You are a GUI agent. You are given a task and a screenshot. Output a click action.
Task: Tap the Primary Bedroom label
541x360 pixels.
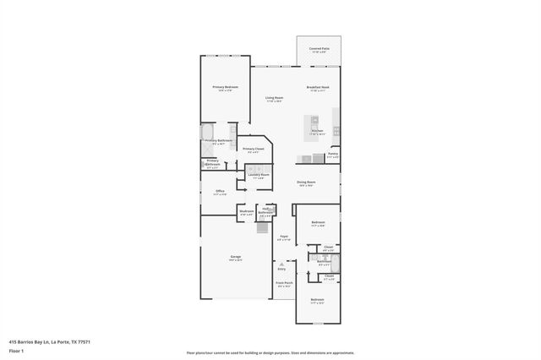[225, 87]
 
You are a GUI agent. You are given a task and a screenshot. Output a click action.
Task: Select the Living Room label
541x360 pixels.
[273, 98]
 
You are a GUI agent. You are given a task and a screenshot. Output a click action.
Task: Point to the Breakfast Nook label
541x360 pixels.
[318, 87]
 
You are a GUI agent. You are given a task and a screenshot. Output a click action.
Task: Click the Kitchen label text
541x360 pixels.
[317, 131]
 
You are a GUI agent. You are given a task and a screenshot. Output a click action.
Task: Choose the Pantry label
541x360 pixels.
[333, 154]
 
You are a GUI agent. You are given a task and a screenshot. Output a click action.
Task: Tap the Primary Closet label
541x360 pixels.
[254, 149]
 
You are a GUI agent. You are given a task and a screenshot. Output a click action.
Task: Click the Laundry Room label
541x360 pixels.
[258, 175]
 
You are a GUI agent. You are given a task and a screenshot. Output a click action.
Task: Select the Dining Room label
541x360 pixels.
[306, 182]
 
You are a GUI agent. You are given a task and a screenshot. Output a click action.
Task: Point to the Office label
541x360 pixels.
[220, 191]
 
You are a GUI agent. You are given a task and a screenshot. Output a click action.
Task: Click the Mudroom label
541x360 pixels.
[247, 211]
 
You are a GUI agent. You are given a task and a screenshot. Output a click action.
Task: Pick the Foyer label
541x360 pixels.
[284, 237]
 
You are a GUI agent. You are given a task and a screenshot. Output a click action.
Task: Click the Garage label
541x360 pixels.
[235, 256]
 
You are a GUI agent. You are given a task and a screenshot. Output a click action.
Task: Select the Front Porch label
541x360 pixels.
[284, 283]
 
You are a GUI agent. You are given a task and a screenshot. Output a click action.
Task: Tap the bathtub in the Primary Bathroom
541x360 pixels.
[208, 132]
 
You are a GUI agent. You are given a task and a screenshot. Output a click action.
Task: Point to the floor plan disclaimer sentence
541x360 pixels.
[270, 352]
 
